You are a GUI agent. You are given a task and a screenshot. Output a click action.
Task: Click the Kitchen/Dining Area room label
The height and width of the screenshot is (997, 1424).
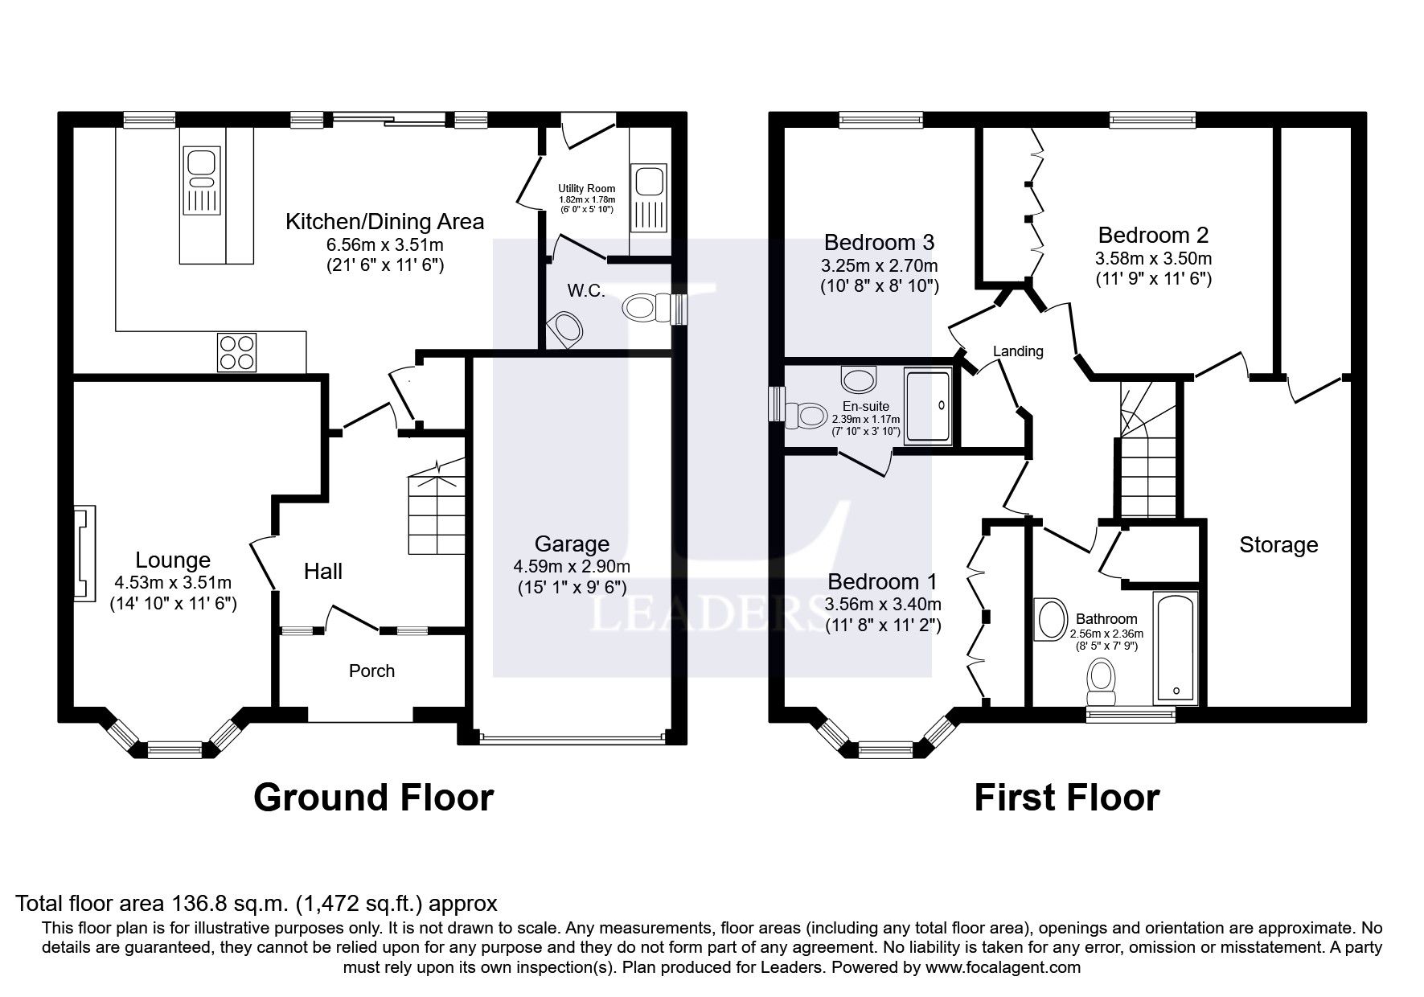[384, 222]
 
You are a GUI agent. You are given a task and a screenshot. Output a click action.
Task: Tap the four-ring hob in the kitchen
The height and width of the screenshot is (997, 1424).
[237, 352]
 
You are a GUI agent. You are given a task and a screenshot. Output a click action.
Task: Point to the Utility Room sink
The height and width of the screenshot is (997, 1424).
[647, 198]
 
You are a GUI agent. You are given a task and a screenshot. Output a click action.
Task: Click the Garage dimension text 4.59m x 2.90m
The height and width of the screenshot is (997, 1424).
[572, 566]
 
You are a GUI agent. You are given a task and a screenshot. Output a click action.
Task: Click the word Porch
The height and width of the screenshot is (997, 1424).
[371, 671]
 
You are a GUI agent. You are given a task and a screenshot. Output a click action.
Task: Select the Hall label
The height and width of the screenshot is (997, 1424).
[323, 572]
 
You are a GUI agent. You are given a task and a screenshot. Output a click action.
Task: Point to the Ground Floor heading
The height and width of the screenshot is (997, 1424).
[374, 798]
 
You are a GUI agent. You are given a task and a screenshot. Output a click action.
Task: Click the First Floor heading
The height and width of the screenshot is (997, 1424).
[1067, 798]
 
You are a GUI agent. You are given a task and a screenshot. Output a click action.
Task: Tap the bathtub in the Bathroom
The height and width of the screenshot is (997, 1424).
[1176, 648]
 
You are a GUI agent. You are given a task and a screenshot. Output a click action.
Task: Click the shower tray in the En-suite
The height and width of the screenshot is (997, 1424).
[929, 406]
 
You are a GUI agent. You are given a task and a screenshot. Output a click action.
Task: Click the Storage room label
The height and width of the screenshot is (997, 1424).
[1278, 545]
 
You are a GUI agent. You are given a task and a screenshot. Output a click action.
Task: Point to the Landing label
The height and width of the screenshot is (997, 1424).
[1018, 351]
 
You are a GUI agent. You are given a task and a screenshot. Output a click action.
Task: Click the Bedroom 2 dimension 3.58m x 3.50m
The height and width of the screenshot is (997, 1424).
[1153, 258]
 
